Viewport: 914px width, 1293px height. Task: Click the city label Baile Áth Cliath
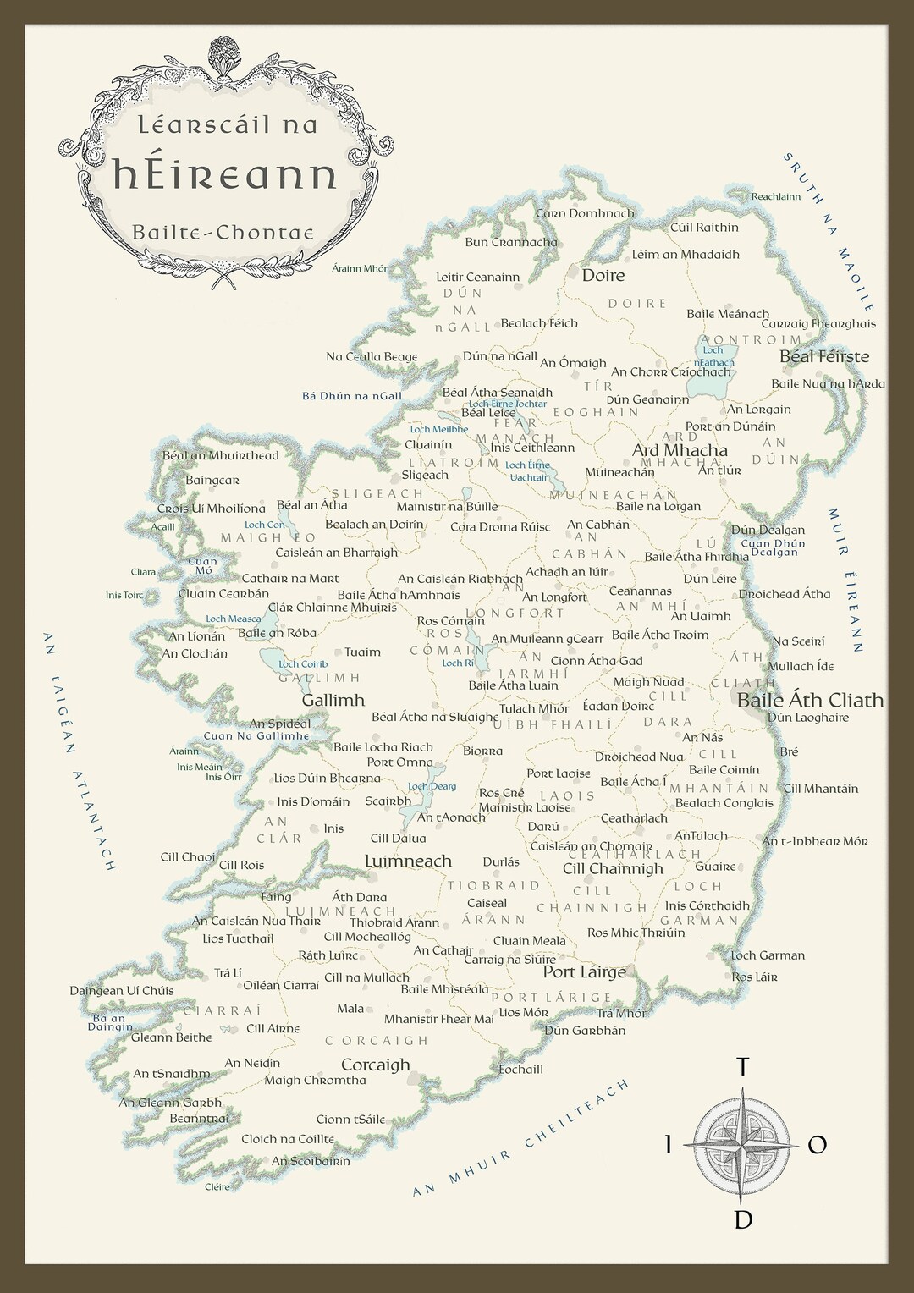(x=810, y=701)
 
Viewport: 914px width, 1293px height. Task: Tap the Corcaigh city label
(x=375, y=1065)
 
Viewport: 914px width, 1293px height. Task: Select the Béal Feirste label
(x=823, y=356)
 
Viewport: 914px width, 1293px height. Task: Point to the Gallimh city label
(x=333, y=700)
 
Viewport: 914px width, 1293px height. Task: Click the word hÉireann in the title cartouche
(x=225, y=175)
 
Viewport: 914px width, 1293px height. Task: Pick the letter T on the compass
(x=743, y=1067)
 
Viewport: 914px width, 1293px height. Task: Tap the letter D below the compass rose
(x=743, y=1219)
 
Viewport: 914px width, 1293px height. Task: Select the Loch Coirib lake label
(x=303, y=664)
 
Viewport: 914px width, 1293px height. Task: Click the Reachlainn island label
(x=775, y=197)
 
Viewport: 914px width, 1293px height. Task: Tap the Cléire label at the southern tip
(x=217, y=1187)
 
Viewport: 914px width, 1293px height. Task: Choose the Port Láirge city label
(x=584, y=972)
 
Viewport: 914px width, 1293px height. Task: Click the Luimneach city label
(x=408, y=861)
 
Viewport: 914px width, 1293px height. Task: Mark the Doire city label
(x=603, y=275)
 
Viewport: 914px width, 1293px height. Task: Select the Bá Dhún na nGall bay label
(x=351, y=396)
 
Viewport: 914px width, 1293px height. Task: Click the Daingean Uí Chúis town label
(x=122, y=990)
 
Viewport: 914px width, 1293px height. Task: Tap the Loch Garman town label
(x=768, y=955)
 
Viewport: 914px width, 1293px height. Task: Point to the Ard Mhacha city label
(x=680, y=450)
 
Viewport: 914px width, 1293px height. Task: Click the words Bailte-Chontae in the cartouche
(x=223, y=233)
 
